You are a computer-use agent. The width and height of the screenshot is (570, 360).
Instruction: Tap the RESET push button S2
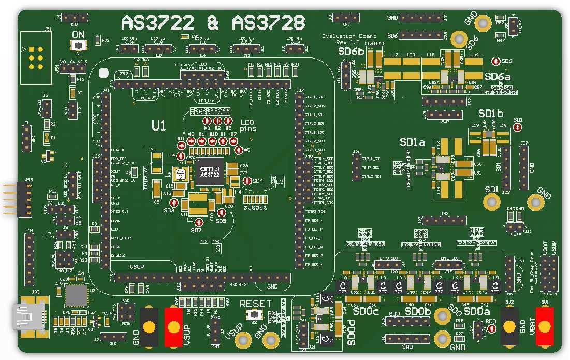(x=254, y=314)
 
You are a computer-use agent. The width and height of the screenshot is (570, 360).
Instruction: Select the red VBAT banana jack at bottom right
(x=545, y=326)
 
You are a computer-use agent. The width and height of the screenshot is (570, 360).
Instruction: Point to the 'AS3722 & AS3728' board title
(x=212, y=23)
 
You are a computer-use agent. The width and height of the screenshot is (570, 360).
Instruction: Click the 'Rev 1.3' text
(x=347, y=42)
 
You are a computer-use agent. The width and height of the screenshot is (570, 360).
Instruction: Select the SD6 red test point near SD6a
(x=495, y=61)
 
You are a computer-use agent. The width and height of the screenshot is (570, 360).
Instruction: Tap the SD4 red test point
(x=247, y=181)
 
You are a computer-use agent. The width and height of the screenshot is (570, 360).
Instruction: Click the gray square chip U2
(x=77, y=296)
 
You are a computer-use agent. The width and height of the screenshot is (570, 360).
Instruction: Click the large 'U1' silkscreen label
(x=158, y=125)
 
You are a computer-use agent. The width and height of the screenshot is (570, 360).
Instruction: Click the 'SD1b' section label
(x=490, y=113)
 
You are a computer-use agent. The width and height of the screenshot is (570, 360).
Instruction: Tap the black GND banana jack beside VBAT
(x=509, y=326)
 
